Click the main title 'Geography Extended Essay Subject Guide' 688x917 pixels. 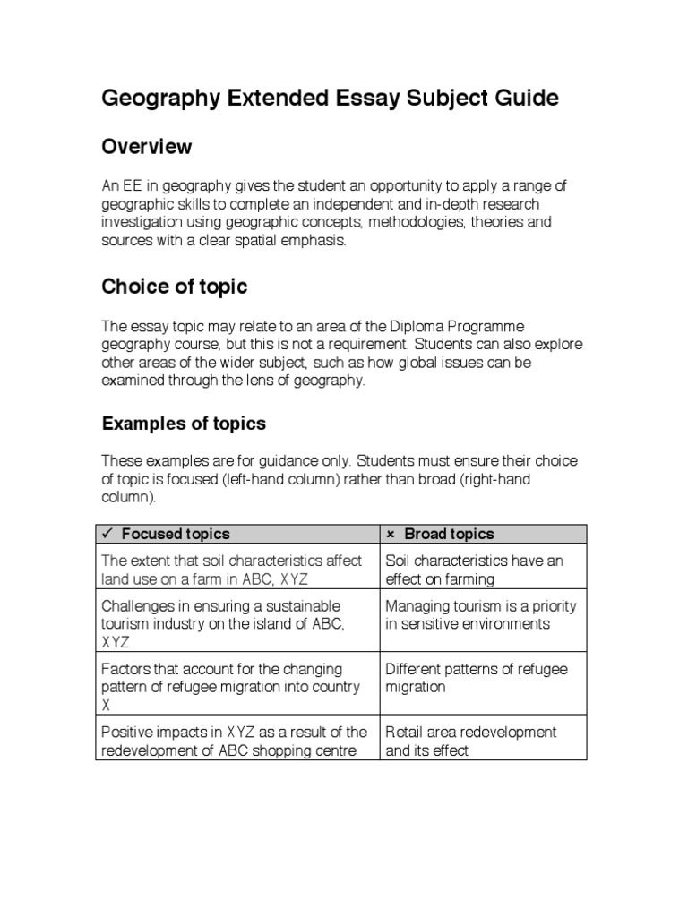330,99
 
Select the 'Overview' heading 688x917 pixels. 146,146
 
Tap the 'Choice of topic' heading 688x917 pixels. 174,287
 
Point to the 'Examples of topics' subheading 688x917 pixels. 184,423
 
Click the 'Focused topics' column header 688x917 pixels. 176,534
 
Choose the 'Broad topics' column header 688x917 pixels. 449,534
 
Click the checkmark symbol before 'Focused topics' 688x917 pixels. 107,534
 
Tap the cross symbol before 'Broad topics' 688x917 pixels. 391,534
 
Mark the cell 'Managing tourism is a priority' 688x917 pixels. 483,614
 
